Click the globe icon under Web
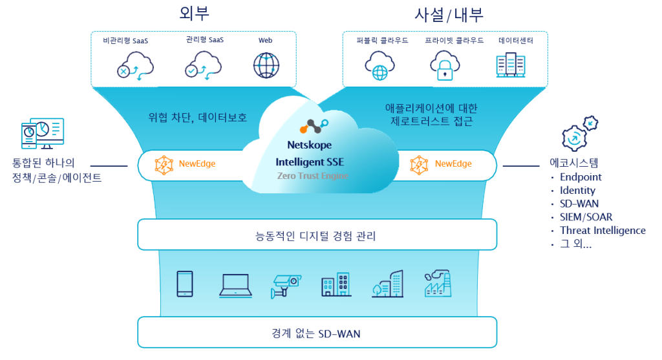tap(265, 65)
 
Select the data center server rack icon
tap(510, 65)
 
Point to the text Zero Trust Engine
tap(312, 176)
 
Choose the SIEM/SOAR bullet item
tap(586, 217)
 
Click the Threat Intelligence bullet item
tap(603, 231)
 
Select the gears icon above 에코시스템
tap(579, 134)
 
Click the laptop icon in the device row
tap(235, 284)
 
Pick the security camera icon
tap(286, 284)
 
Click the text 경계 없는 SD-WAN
tap(316, 334)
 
